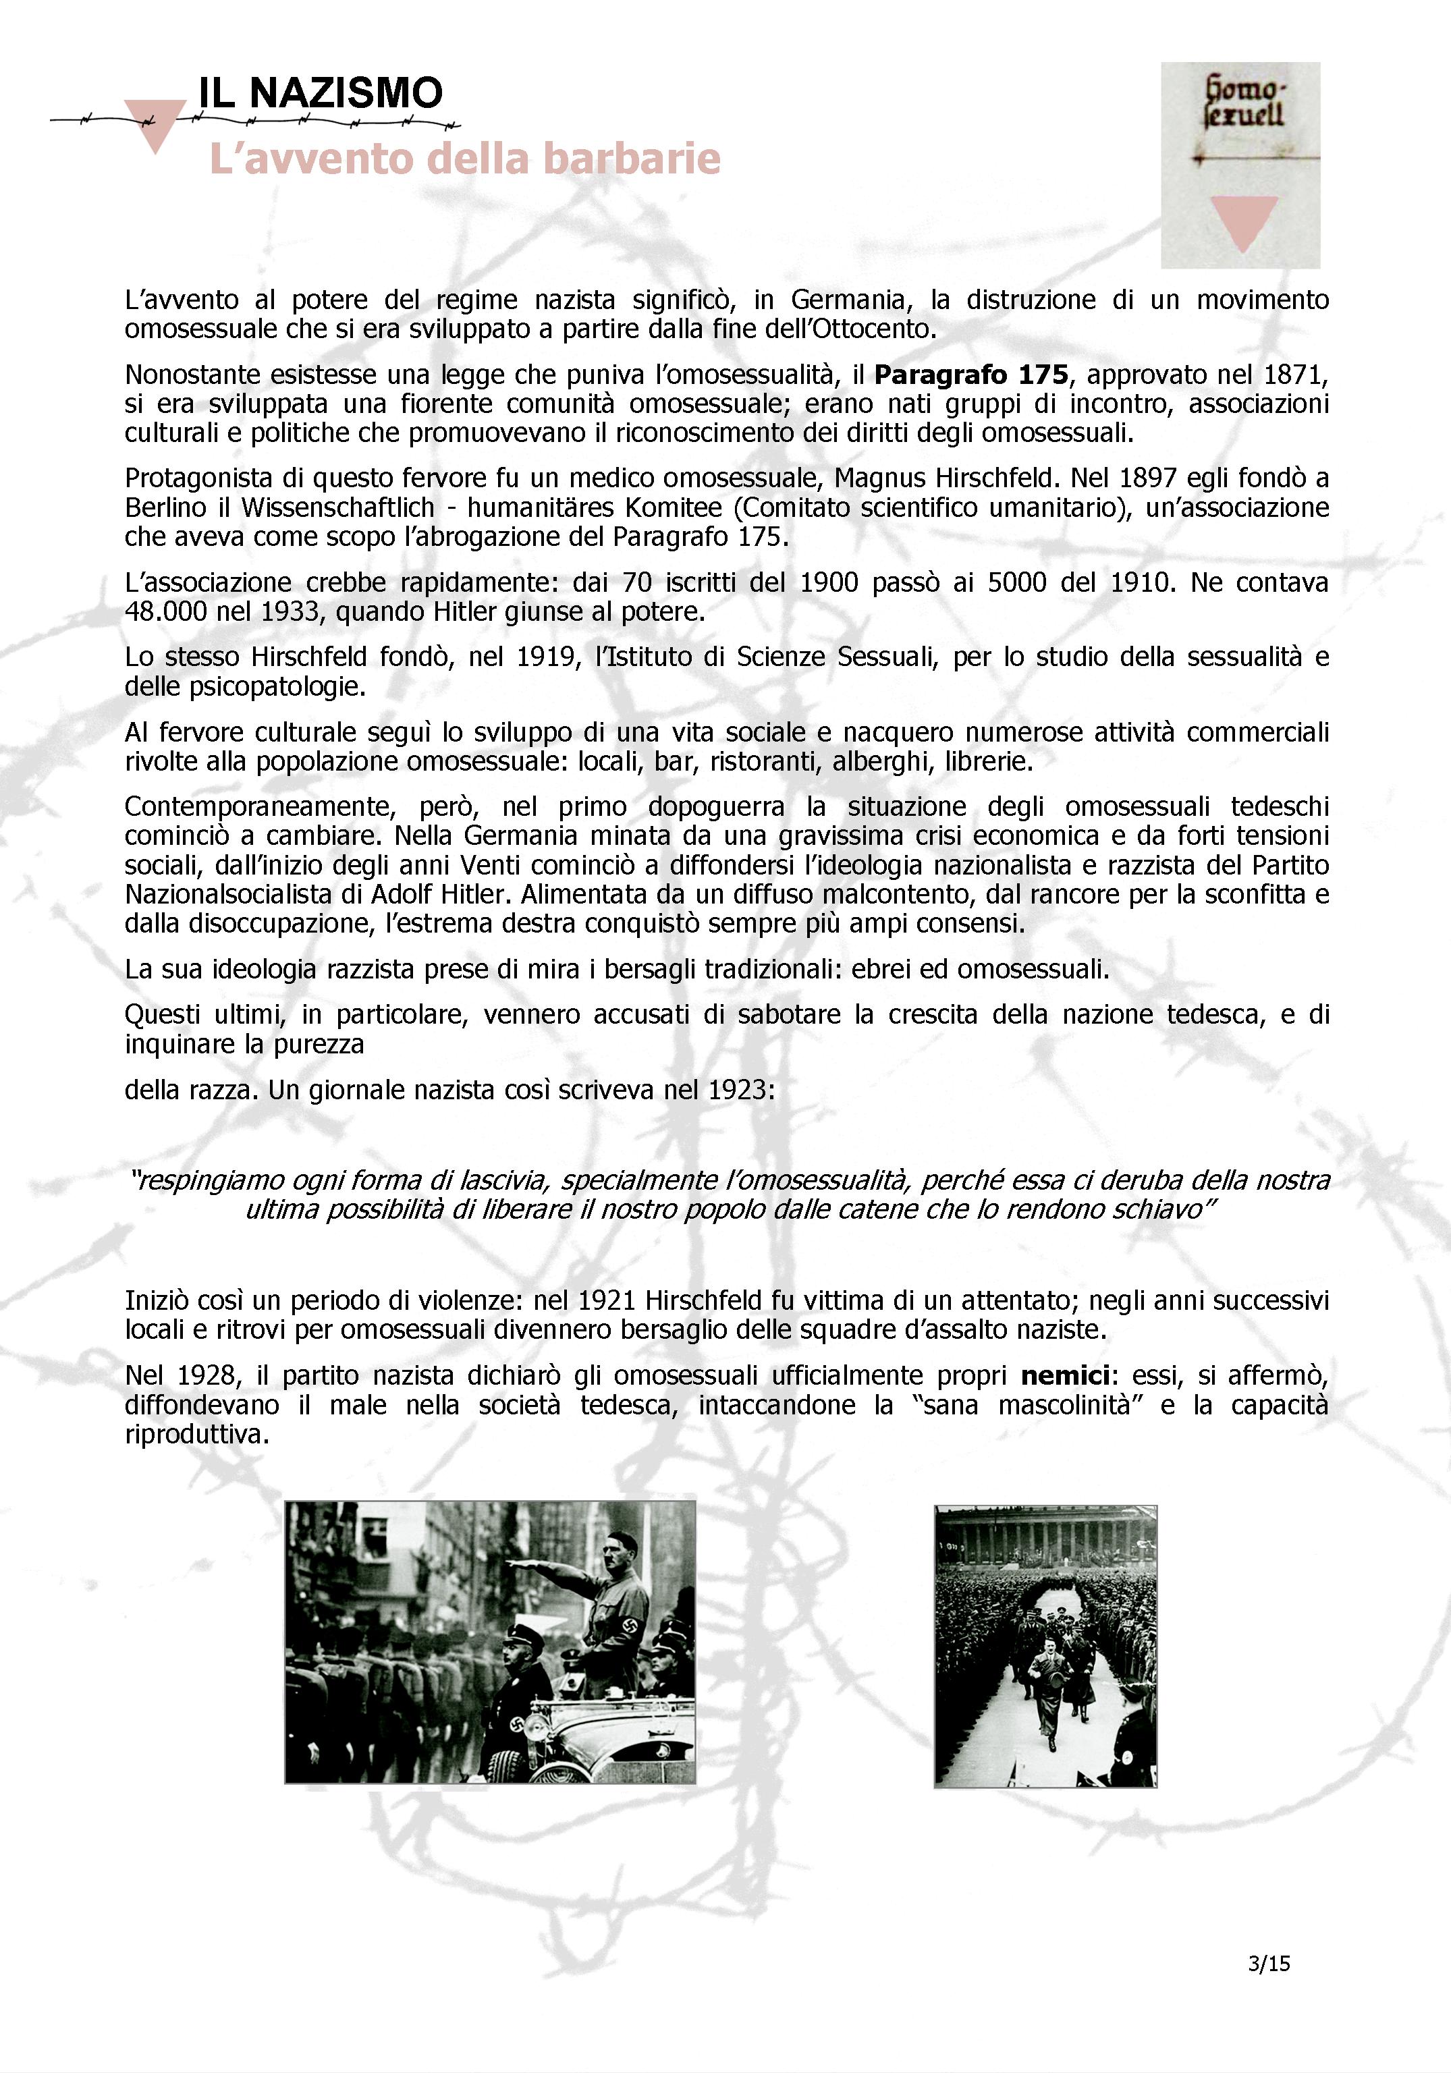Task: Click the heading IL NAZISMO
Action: coord(321,93)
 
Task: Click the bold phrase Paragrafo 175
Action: coord(970,374)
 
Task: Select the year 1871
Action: coord(1296,374)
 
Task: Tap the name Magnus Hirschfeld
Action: coord(943,478)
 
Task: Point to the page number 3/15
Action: coord(1267,1963)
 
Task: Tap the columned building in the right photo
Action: coord(1045,1536)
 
